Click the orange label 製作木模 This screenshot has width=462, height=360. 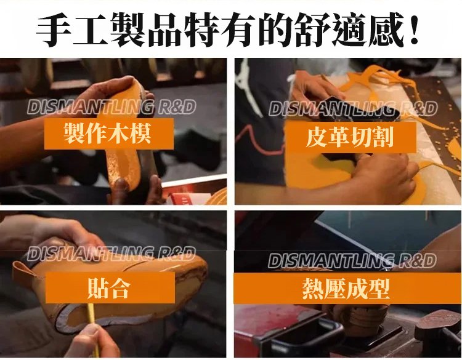point(108,134)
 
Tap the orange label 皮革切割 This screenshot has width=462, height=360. point(351,137)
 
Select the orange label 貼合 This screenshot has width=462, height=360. point(110,287)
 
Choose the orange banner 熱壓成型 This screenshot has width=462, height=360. point(347,289)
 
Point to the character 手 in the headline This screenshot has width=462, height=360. point(54,30)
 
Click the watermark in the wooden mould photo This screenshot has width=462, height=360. point(111,107)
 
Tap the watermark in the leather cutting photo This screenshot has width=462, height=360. point(353,108)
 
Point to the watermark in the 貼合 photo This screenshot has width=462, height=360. point(111,254)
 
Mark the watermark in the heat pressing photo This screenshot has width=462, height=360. point(352,260)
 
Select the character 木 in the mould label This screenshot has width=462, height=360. point(120,134)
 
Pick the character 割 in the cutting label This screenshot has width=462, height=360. point(383,137)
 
